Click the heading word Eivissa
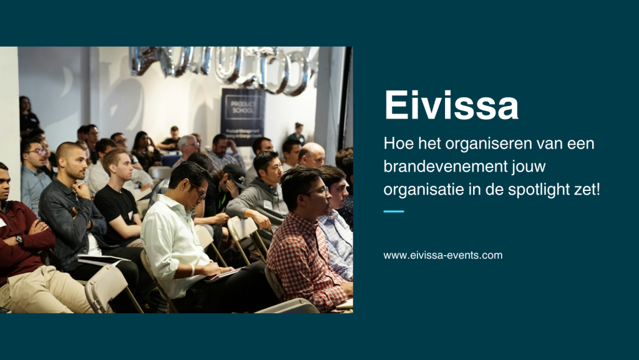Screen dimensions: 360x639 [451, 105]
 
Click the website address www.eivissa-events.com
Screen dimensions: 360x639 [442, 255]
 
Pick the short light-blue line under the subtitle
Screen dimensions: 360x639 [393, 212]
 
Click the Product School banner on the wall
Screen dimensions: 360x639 [243, 117]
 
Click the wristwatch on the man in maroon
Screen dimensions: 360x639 [19, 240]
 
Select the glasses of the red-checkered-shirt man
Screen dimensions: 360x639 [316, 190]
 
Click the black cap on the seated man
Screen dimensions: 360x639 [235, 172]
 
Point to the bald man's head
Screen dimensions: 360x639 [311, 155]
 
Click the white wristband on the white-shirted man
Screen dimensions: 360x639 [192, 270]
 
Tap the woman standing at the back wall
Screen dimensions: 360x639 [27, 115]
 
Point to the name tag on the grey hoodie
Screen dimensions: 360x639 [267, 204]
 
